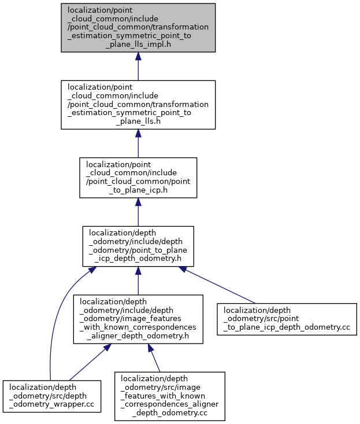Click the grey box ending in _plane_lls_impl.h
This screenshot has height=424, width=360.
[x=138, y=28]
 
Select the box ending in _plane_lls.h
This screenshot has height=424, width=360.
[x=138, y=105]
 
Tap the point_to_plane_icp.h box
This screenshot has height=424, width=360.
[x=138, y=178]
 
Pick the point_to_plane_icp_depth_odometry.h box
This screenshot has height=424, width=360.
[x=138, y=246]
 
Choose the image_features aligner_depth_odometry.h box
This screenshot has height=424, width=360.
[x=138, y=319]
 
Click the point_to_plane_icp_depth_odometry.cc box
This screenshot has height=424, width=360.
[x=287, y=319]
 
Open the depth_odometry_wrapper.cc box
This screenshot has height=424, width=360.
[x=52, y=396]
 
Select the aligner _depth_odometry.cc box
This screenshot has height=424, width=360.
[x=170, y=396]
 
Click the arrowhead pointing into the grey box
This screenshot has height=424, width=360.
[x=138, y=56]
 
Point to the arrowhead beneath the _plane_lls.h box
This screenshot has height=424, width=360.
[x=138, y=133]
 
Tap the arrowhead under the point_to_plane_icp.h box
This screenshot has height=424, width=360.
[x=138, y=202]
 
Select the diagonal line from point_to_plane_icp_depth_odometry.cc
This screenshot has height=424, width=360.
[x=220, y=286]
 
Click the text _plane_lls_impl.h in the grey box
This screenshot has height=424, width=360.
[x=138, y=44]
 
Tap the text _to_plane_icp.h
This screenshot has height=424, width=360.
[x=138, y=190]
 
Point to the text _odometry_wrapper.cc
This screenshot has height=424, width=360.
[x=52, y=404]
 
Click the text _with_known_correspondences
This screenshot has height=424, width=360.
[x=138, y=327]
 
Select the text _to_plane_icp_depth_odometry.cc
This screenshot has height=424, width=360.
[x=287, y=327]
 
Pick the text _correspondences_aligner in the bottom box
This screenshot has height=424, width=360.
[x=170, y=404]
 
